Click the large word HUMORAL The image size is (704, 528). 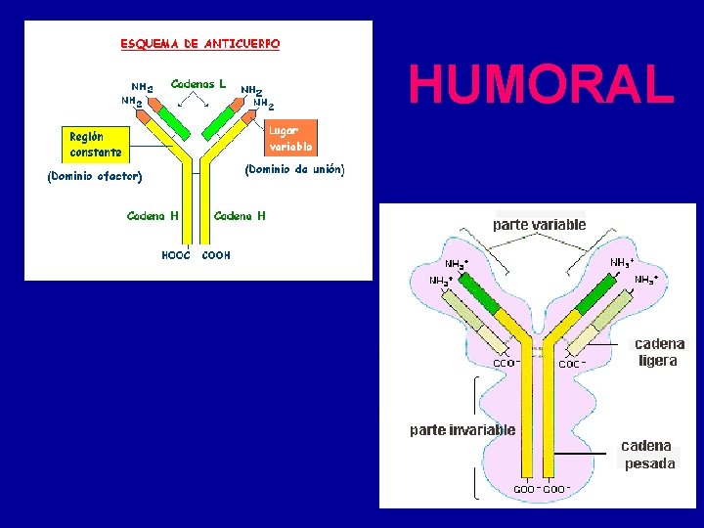(x=542, y=84)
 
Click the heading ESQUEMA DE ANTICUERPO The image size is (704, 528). (x=199, y=44)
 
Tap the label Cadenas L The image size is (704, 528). (x=198, y=84)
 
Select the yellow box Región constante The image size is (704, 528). (x=96, y=145)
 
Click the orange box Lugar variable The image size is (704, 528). (x=291, y=138)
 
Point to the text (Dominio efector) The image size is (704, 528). (x=95, y=177)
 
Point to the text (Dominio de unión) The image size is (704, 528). (x=294, y=169)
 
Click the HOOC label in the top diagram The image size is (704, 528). (x=175, y=255)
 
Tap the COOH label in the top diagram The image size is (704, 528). (x=216, y=255)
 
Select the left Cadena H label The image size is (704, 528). (x=153, y=215)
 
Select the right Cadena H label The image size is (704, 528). (x=239, y=215)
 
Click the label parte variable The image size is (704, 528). (x=539, y=224)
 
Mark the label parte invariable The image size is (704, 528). (x=462, y=429)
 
